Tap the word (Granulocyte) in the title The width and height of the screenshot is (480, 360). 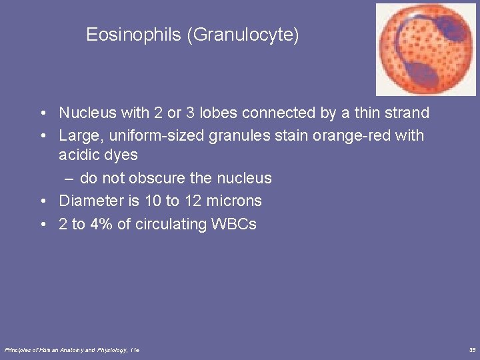(243, 35)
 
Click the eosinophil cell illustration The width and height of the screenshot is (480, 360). (425, 49)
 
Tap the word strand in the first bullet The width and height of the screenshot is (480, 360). (409, 113)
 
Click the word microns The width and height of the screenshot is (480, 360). (235, 201)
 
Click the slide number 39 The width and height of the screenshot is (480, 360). (471, 349)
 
